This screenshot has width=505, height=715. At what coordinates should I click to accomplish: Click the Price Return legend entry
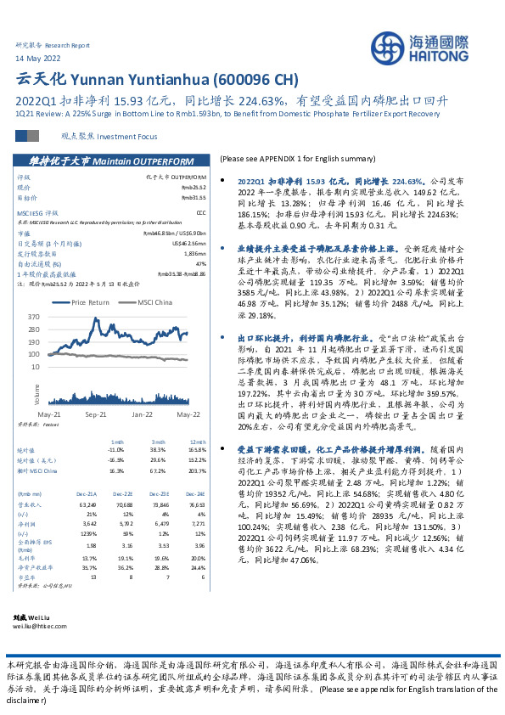pyautogui.click(x=90, y=301)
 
